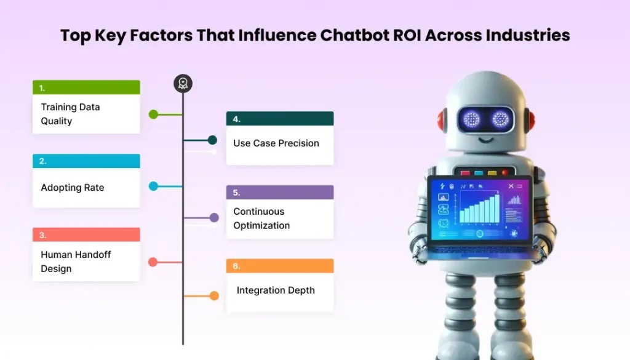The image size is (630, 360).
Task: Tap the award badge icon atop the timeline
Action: coord(183,84)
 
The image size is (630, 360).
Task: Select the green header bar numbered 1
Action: coord(86,87)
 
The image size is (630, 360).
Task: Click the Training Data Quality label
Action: coord(70,114)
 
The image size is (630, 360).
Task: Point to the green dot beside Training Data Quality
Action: coord(153,114)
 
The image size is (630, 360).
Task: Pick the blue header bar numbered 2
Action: coord(86,161)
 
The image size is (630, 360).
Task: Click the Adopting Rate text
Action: coord(73,188)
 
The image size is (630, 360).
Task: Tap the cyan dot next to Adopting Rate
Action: coord(153,186)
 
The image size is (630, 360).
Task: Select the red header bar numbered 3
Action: coord(86,234)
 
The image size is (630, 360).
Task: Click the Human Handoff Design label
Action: coord(76,262)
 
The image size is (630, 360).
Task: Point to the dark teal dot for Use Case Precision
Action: coord(212,140)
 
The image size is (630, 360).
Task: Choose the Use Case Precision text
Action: coord(276,143)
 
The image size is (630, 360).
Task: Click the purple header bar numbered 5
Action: coord(280,192)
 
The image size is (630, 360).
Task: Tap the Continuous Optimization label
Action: coord(261,218)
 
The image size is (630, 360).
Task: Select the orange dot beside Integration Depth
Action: coord(214,296)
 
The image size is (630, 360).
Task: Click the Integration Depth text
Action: coord(276,290)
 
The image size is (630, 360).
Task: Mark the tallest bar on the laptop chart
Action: coord(496,207)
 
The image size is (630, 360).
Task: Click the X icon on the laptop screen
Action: coord(511,186)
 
